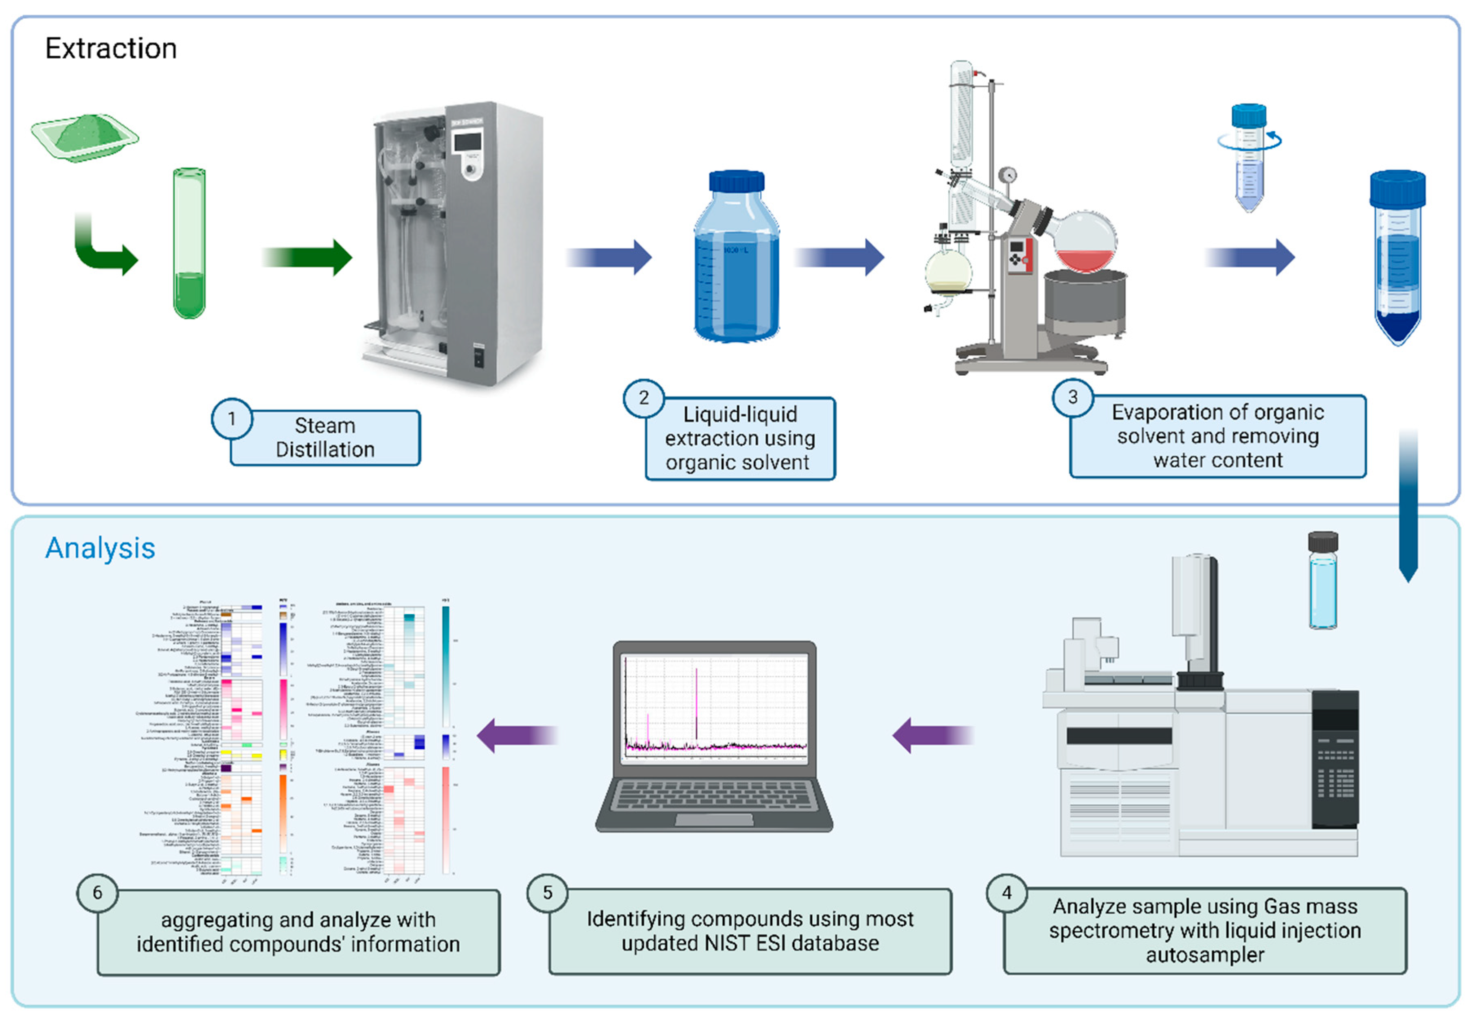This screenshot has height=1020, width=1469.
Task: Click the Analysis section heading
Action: (100, 548)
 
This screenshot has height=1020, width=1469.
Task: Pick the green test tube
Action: (189, 243)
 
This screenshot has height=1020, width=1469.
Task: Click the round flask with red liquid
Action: (1085, 243)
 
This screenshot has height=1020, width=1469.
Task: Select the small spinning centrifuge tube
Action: (1248, 160)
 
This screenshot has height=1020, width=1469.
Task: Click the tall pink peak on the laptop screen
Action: (696, 703)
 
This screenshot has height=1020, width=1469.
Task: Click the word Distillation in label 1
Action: (325, 449)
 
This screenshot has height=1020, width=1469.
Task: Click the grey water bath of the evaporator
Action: (1085, 300)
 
